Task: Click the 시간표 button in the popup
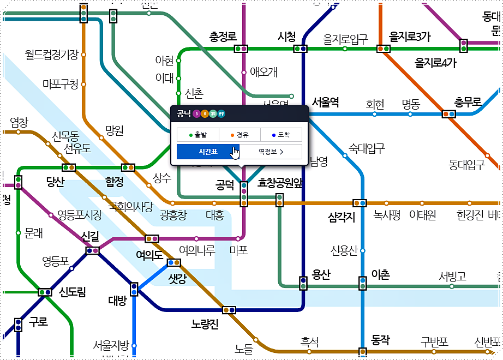208,152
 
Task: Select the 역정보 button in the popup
271,152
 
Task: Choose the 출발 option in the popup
197,134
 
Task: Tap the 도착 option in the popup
280,134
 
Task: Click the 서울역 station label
326,102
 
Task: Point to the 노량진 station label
205,325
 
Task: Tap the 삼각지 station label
342,217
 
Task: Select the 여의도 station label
149,255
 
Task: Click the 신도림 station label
73,292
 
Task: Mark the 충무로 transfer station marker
448,114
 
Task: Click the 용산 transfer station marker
303,283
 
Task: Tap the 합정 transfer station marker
128,167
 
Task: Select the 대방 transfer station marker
134,289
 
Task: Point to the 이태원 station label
423,215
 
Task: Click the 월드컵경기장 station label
52,54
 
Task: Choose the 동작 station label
380,340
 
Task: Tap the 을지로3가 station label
410,37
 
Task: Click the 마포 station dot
238,238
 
